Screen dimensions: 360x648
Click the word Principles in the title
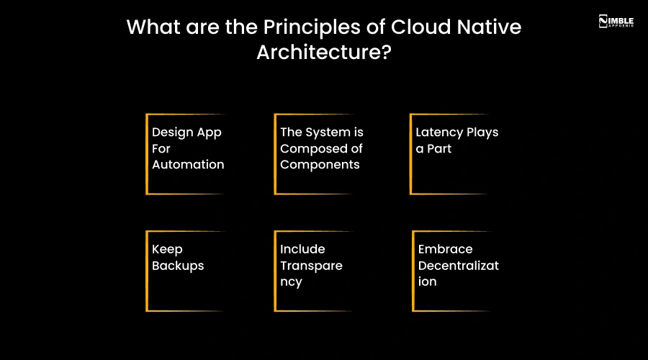tap(293, 27)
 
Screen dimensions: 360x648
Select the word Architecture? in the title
tap(323, 53)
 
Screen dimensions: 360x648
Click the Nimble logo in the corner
tap(616, 21)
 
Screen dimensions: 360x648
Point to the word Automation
tap(188, 164)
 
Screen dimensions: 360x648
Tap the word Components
tap(319, 164)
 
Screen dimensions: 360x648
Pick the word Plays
tap(482, 132)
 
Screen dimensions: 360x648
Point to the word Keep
tap(167, 249)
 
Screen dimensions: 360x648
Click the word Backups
tap(178, 266)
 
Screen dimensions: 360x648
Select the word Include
tap(302, 249)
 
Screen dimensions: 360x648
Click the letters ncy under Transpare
tap(291, 282)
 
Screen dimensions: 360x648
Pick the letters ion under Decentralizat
tap(428, 282)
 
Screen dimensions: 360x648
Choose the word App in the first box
tap(209, 132)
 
